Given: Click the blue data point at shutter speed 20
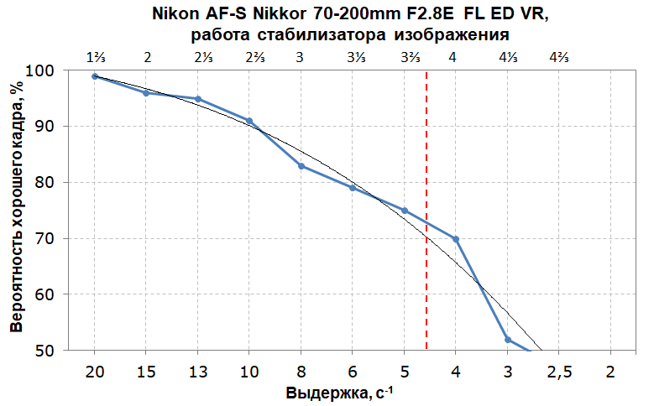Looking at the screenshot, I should pyautogui.click(x=95, y=76).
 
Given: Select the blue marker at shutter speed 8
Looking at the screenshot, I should pyautogui.click(x=301, y=166).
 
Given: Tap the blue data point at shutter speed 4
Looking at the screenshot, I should pyautogui.click(x=456, y=239).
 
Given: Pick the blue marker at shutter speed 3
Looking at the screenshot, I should pyautogui.click(x=508, y=339).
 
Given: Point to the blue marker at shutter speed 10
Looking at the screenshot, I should pyautogui.click(x=249, y=121).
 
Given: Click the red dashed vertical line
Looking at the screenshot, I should pyautogui.click(x=426, y=210).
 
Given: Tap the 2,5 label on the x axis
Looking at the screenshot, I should pyautogui.click(x=559, y=372).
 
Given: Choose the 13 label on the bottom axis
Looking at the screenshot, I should pyautogui.click(x=198, y=372).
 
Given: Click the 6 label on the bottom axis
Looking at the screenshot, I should pyautogui.click(x=353, y=372).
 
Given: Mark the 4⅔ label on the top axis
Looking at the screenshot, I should pyautogui.click(x=559, y=57).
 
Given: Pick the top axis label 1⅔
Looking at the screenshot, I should pyautogui.click(x=96, y=57).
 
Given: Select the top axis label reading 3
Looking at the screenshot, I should pyautogui.click(x=301, y=57).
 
